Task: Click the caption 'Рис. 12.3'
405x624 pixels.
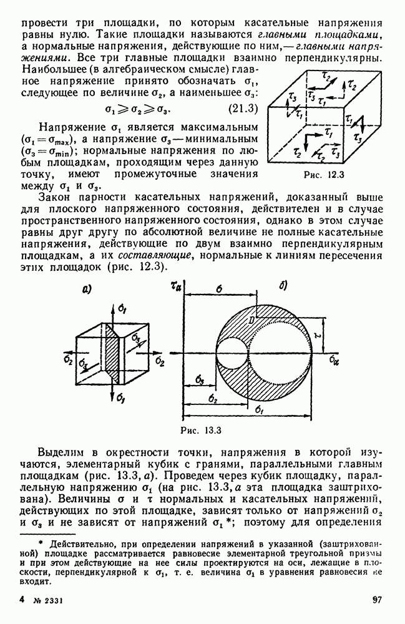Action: tap(323, 174)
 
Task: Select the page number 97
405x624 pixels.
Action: tap(377, 600)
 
